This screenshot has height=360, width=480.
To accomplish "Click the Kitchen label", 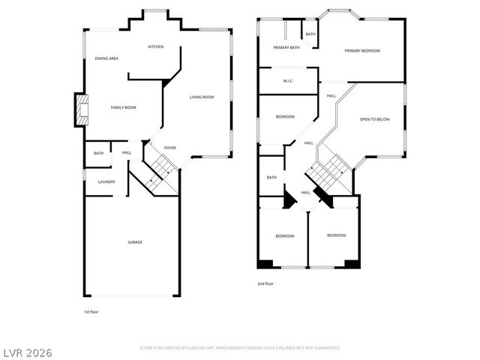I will (x=156, y=46).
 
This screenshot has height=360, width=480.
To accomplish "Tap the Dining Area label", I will (x=106, y=58).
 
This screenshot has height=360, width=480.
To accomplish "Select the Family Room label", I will (x=124, y=108).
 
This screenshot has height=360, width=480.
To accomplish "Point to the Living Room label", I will (x=202, y=97).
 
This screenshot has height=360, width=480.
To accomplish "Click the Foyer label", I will (x=170, y=147).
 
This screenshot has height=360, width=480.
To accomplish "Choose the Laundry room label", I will (x=106, y=181).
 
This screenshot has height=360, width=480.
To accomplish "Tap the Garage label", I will (x=135, y=241).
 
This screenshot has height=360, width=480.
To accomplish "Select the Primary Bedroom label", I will (x=362, y=51).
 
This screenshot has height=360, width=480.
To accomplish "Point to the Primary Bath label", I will (x=286, y=47).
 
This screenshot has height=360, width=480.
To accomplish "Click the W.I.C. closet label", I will (x=288, y=81).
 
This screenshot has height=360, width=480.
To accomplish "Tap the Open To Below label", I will (x=374, y=119).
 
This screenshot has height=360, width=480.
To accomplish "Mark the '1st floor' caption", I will (x=91, y=311).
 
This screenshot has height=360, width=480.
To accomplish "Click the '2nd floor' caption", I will (x=266, y=283).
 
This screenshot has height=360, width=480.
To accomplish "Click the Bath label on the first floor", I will (x=99, y=153).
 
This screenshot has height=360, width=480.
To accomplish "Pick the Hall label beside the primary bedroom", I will (x=331, y=95).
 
